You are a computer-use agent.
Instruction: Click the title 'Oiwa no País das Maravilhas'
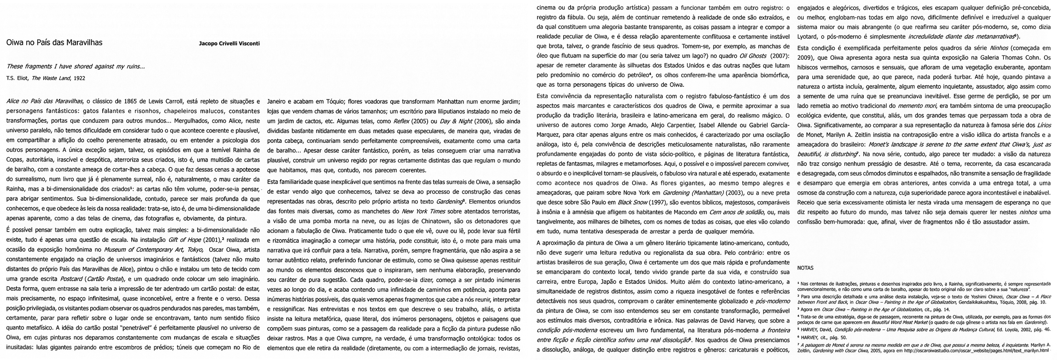coord(55,42)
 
